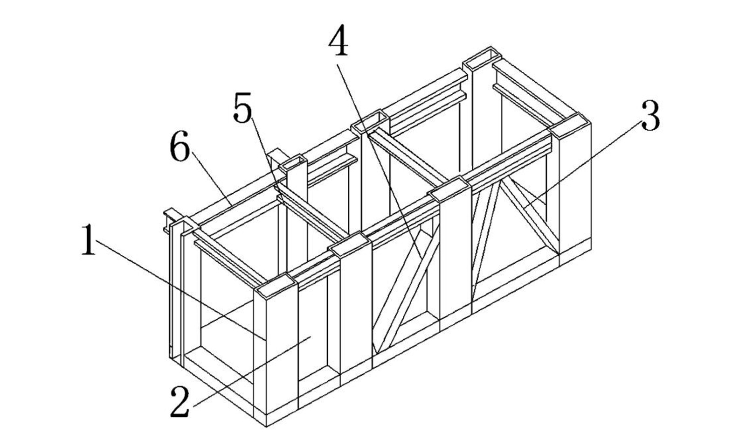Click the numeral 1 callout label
pyautogui.click(x=88, y=240)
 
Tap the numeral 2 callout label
pyautogui.click(x=180, y=402)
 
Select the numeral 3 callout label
pyautogui.click(x=650, y=115)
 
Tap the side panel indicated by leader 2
pyautogui.click(x=312, y=330)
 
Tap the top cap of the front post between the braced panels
pyautogui.click(x=449, y=189)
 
